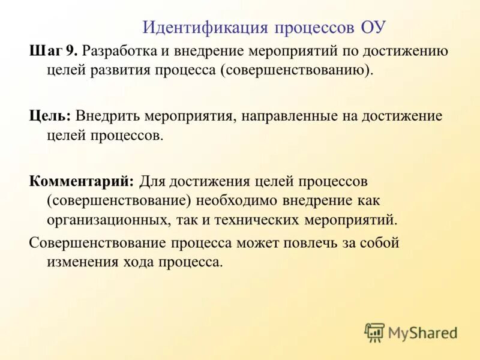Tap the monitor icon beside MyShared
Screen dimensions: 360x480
[374, 332]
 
